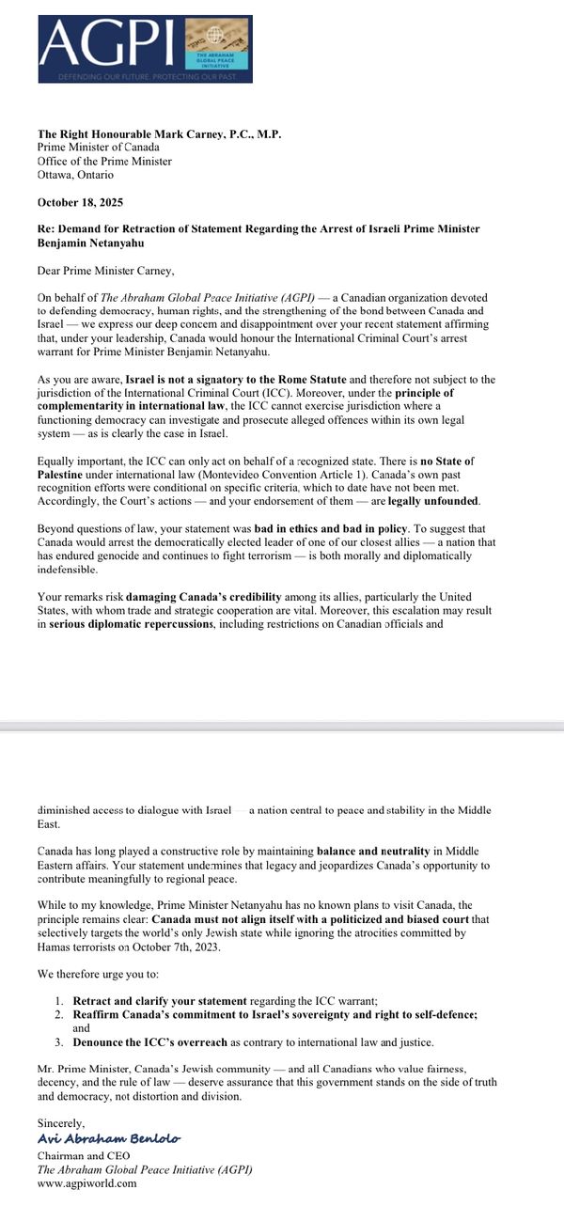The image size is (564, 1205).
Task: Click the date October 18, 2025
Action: coord(80,202)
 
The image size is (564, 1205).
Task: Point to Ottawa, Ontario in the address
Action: coord(75,175)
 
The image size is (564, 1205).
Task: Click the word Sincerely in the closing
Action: coord(61,1122)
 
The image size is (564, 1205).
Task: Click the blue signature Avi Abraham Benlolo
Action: coord(109,1138)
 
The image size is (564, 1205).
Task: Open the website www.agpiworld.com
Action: coord(86,1183)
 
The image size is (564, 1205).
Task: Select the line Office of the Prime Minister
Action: coord(104,161)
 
